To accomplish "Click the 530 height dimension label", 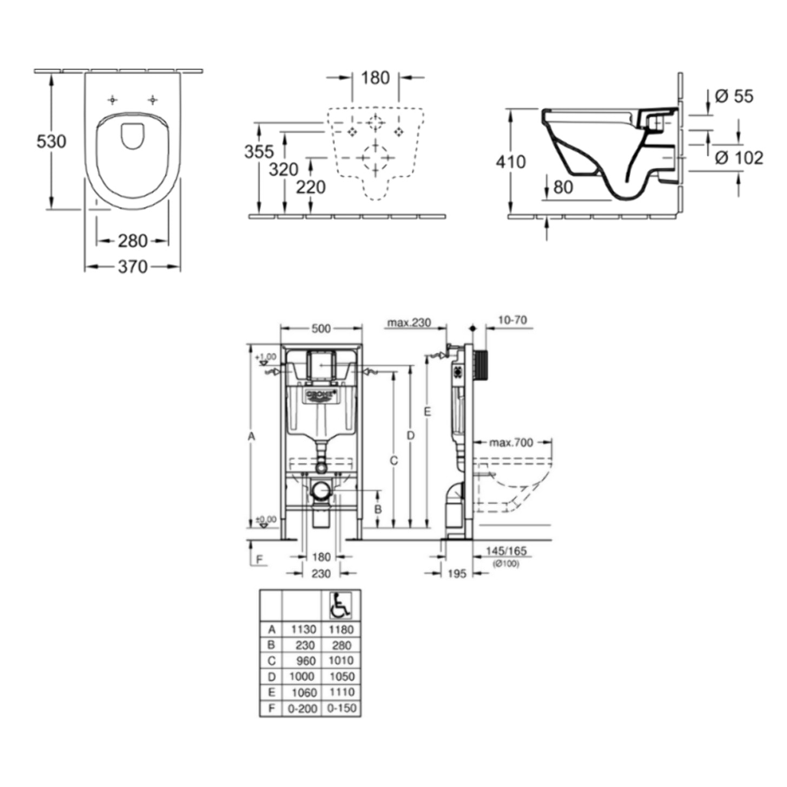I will point(51,141).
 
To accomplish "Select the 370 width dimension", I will point(133,266).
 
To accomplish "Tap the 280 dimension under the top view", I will point(133,240).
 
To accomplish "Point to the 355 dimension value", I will point(259,152).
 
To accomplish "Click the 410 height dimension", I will point(510,161).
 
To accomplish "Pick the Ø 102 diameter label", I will point(739,158).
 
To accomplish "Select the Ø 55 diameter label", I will point(734,96).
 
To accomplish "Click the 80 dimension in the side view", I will point(563,187).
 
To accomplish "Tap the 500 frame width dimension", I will point(321,329).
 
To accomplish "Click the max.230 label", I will point(409,323).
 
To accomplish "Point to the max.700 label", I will point(511,443).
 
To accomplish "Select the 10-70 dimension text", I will point(512,320).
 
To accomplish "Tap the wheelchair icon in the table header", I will point(340,605).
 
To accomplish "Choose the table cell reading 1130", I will point(303,629).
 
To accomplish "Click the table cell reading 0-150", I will point(342,708).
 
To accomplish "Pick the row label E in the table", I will point(272,692).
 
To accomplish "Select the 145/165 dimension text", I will point(506,551).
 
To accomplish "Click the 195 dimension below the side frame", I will point(457,573).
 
